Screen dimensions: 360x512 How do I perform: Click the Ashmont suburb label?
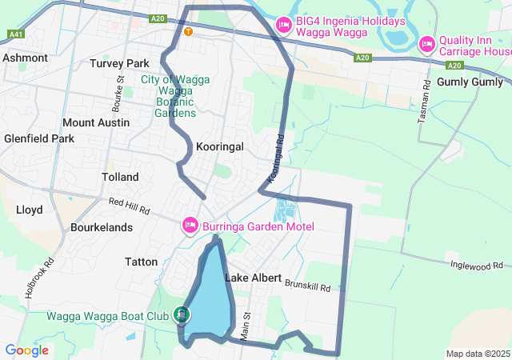[26, 58]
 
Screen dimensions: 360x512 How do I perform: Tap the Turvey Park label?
[119, 63]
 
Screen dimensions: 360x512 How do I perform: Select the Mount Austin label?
[96, 122]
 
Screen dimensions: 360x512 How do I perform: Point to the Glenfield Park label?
[38, 138]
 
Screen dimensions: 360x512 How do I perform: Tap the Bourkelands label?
[101, 227]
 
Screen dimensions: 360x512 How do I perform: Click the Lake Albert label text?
[253, 278]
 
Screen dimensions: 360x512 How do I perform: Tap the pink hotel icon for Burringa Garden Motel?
[190, 226]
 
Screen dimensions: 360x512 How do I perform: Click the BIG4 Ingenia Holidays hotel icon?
[282, 26]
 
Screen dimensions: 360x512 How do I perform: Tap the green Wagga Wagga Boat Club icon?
[182, 315]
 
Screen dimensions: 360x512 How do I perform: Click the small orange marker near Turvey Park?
[188, 32]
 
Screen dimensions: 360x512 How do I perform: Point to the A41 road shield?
[15, 34]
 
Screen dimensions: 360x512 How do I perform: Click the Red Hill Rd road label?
[130, 206]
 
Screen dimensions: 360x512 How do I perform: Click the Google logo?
[27, 350]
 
